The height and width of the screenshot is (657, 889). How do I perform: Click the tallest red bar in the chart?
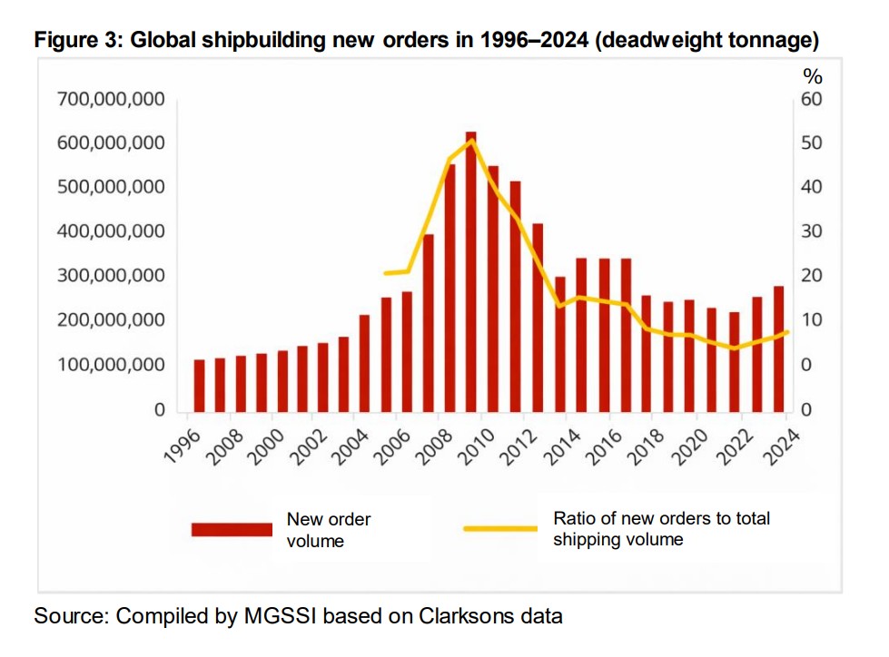click(x=470, y=272)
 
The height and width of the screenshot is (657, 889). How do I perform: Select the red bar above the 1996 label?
click(x=199, y=385)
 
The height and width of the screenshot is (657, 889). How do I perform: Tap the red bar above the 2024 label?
click(x=778, y=348)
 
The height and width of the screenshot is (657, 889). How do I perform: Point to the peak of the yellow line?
click(x=470, y=141)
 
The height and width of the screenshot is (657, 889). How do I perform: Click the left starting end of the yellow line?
click(x=385, y=273)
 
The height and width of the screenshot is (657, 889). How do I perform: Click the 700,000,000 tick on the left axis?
click(x=111, y=99)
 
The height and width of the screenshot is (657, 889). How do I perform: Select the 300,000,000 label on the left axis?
click(x=111, y=276)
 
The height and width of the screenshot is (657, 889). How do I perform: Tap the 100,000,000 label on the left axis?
click(x=111, y=365)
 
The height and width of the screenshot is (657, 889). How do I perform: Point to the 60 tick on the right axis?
click(x=811, y=99)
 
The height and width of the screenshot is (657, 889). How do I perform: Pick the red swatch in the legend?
click(x=232, y=530)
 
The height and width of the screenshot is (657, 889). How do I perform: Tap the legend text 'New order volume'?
click(x=328, y=530)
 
